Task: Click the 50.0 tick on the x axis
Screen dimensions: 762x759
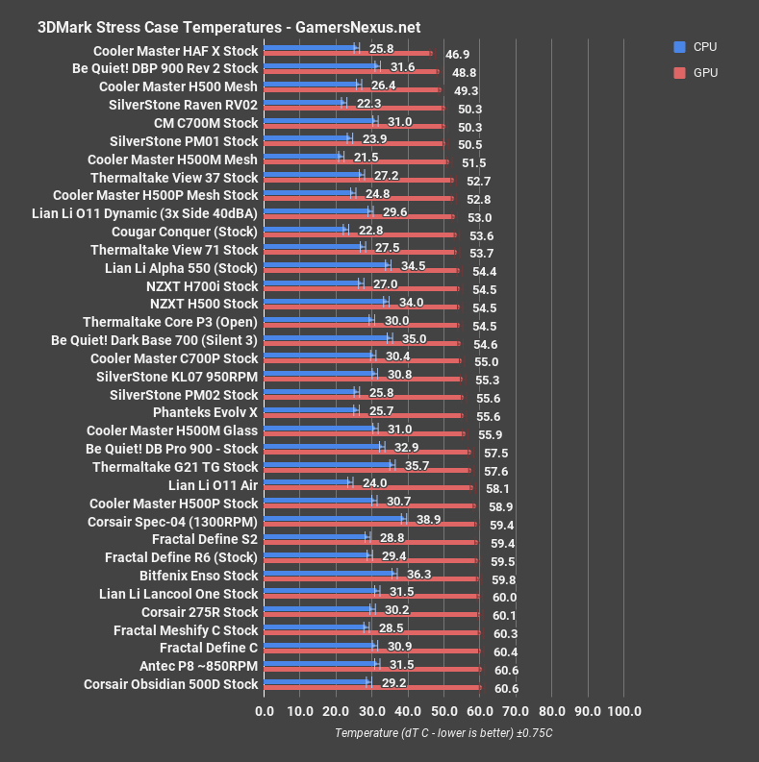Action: coord(443,712)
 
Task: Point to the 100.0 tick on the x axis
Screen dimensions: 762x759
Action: coord(623,712)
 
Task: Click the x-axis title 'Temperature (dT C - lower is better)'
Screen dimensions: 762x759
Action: coord(444,733)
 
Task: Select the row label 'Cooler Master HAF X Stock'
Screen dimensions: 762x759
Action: coord(175,51)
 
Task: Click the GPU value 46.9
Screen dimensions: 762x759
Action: coord(457,56)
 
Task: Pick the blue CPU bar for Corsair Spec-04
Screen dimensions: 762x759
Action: coord(334,517)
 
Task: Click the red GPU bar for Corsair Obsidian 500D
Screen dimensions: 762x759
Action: coord(372,687)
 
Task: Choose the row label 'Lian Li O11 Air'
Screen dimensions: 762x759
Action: coord(213,485)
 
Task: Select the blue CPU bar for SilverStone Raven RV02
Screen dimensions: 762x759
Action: coord(303,101)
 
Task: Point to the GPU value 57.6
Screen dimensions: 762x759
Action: coord(495,472)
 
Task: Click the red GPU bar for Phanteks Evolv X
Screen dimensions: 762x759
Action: coord(363,416)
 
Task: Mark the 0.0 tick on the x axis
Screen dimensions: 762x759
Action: coord(265,712)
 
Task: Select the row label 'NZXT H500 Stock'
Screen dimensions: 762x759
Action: coord(204,304)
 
